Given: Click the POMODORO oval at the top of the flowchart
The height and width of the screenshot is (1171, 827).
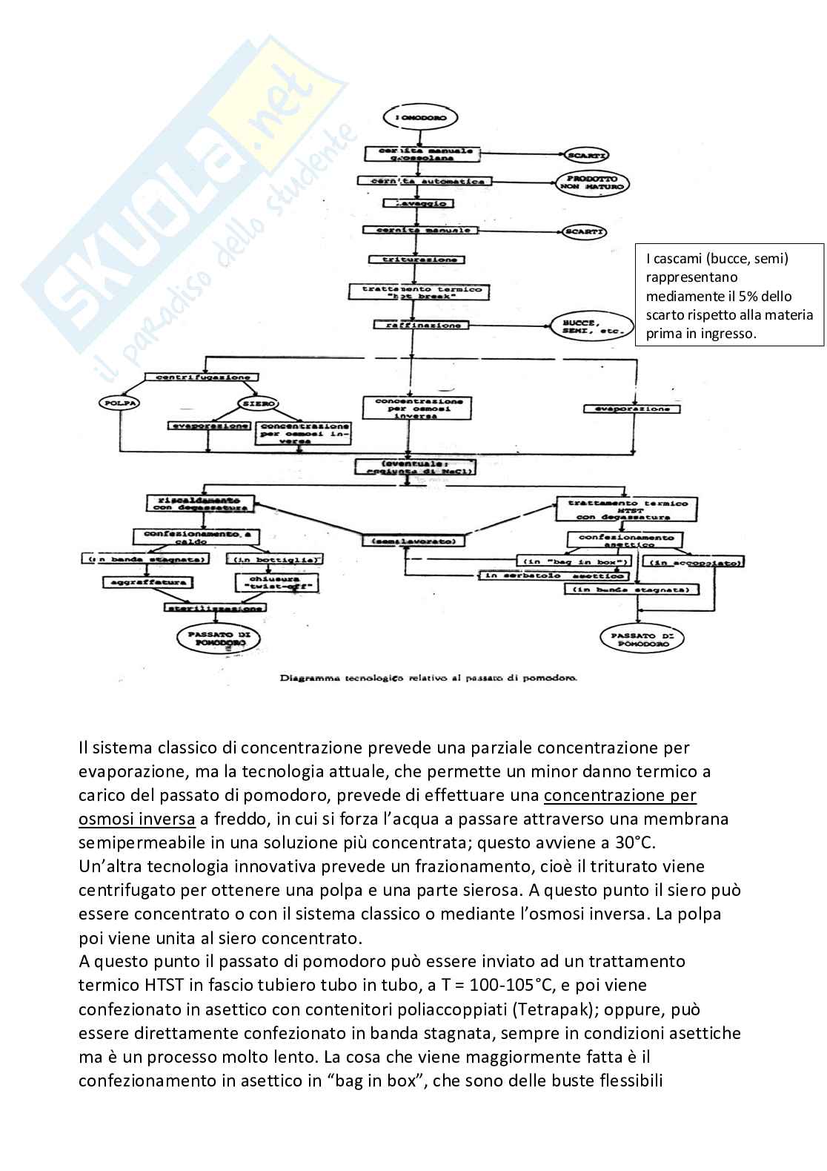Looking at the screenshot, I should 420,117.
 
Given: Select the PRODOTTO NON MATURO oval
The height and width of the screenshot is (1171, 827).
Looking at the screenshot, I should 591,184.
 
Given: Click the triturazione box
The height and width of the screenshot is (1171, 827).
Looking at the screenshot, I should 418,260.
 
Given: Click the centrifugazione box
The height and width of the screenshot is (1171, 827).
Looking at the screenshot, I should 203,377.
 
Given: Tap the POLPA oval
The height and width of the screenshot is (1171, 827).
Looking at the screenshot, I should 119,403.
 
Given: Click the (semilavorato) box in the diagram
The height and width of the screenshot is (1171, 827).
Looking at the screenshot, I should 419,541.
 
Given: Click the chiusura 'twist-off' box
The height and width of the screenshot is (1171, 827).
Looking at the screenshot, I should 277,582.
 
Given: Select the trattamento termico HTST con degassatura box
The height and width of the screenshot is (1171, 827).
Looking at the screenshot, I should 628,509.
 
